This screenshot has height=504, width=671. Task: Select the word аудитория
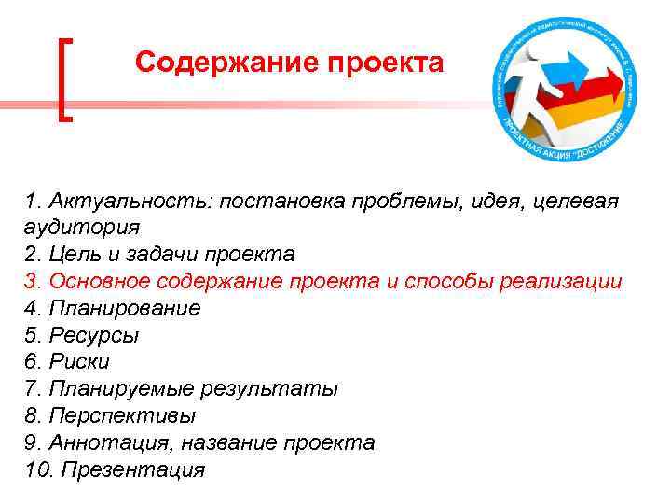[84, 227]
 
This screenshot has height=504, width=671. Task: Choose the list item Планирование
[125, 308]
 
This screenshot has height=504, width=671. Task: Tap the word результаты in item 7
[279, 389]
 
